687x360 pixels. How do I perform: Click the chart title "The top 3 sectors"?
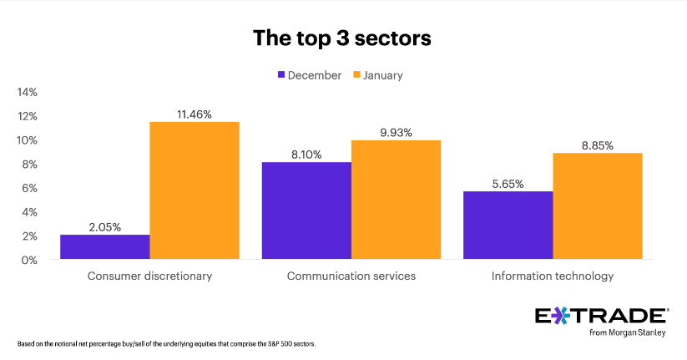(342, 38)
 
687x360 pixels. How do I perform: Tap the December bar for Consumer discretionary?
(105, 247)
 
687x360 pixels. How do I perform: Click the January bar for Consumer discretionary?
(194, 190)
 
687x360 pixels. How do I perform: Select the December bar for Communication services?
(306, 210)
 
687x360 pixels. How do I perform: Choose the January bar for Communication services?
(396, 200)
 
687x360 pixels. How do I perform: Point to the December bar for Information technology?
(508, 226)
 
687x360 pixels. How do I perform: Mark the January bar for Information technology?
(597, 206)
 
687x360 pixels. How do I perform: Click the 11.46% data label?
(194, 113)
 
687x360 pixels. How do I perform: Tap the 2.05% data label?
(105, 226)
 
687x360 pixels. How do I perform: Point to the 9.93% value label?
(396, 131)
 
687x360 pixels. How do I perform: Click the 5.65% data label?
(508, 183)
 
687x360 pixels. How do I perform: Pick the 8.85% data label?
(597, 145)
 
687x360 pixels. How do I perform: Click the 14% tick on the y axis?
(28, 92)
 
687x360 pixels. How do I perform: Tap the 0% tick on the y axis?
(32, 260)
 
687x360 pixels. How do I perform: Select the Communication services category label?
(351, 276)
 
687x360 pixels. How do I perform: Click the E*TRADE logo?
(601, 316)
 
